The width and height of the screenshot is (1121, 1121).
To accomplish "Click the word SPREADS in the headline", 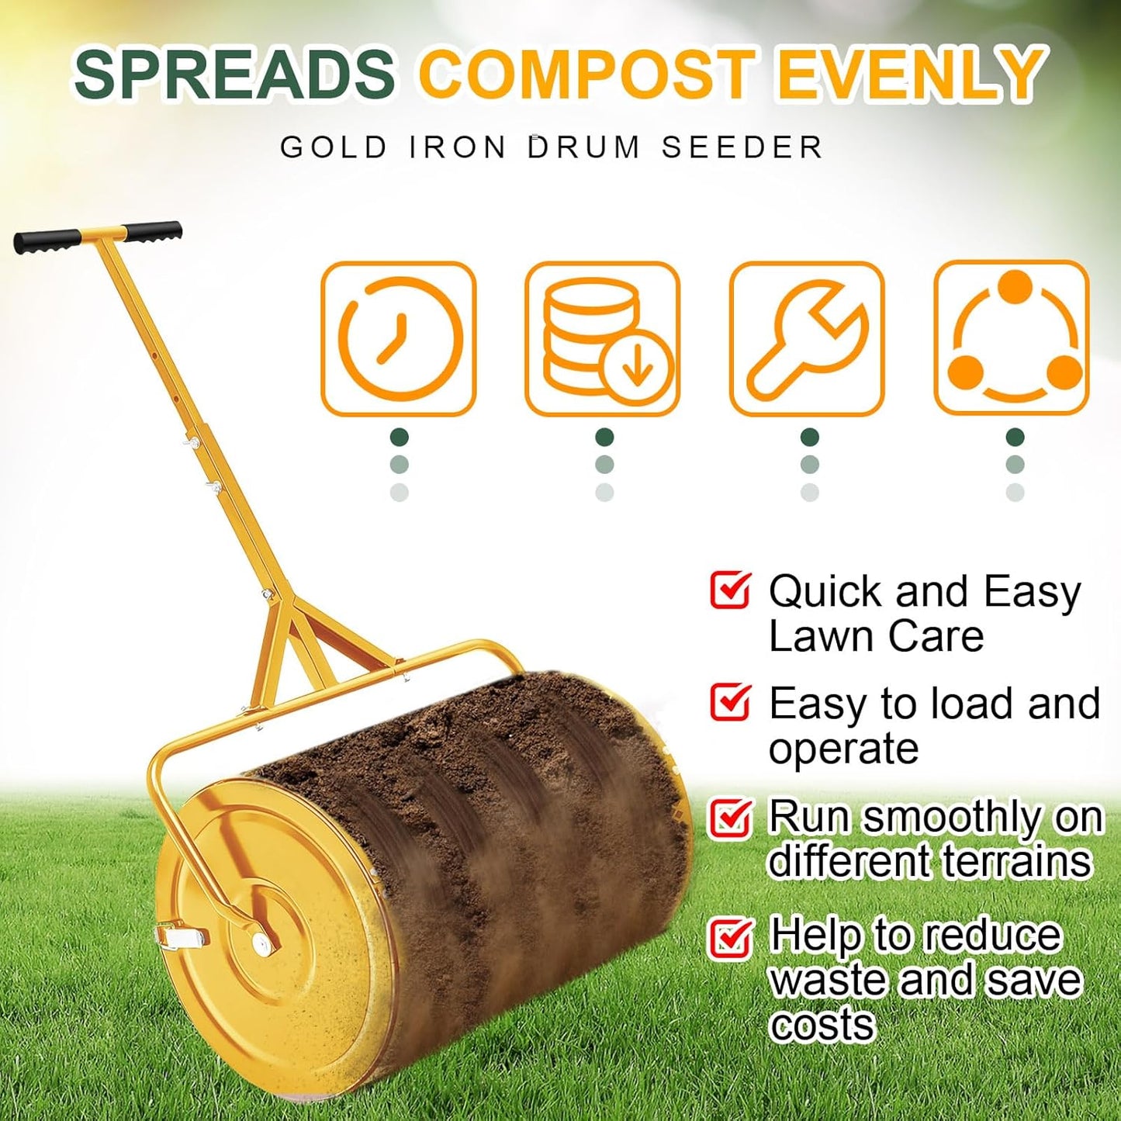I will pyautogui.click(x=234, y=74).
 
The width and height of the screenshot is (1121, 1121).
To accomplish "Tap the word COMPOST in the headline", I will pyautogui.click(x=586, y=74).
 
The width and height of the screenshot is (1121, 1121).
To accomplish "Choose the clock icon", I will pyautogui.click(x=399, y=339).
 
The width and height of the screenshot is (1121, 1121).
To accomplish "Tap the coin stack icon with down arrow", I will pyautogui.click(x=603, y=339).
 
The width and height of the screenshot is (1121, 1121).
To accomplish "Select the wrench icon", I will pyautogui.click(x=807, y=339).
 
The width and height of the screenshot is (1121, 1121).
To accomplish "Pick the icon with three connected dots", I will pyautogui.click(x=1012, y=339).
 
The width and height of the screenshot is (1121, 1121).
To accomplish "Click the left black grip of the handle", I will pyautogui.click(x=47, y=240).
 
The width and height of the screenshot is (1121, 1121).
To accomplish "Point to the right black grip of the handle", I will pyautogui.click(x=154, y=231).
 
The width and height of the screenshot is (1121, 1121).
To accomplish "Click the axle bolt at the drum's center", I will pyautogui.click(x=261, y=943).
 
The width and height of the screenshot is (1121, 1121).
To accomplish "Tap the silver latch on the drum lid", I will pyautogui.click(x=180, y=936).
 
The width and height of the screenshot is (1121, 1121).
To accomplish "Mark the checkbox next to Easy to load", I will pyautogui.click(x=729, y=701).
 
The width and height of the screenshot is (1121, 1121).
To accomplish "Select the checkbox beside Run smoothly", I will pyautogui.click(x=729, y=818).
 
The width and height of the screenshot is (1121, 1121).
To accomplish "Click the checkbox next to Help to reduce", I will pyautogui.click(x=729, y=937).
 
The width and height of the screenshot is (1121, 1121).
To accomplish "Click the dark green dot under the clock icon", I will pyautogui.click(x=399, y=437).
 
